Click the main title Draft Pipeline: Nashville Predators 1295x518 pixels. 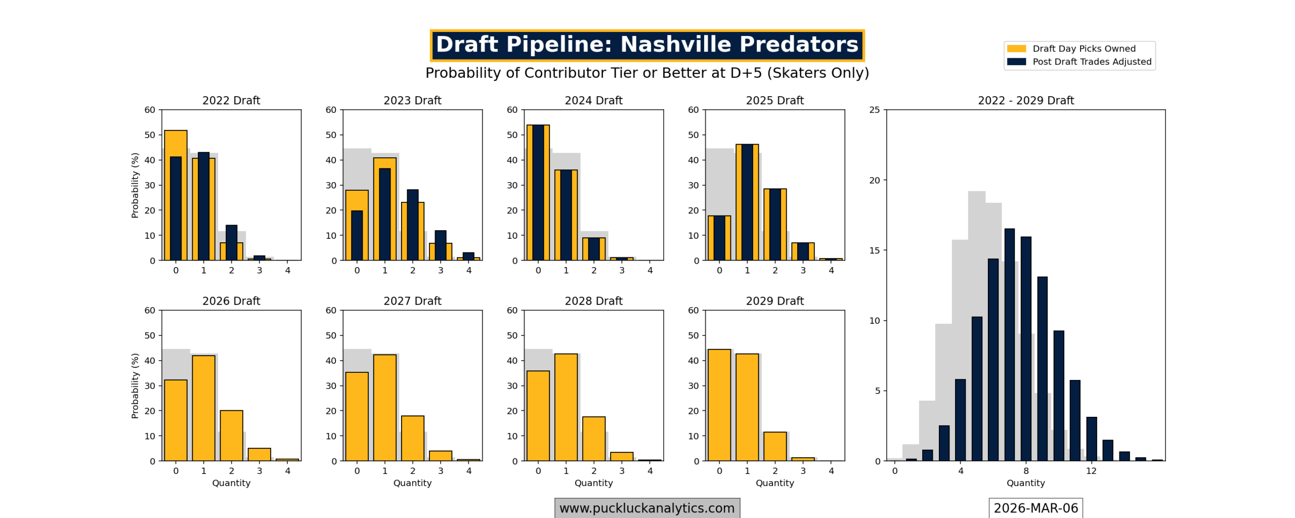click(x=646, y=45)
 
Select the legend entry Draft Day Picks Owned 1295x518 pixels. click(x=1083, y=49)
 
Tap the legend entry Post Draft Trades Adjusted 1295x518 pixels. click(x=1091, y=62)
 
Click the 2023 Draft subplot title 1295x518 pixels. click(x=412, y=100)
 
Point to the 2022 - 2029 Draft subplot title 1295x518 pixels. click(x=1025, y=100)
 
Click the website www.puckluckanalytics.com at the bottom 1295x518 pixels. click(x=646, y=507)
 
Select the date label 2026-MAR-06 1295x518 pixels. click(x=1035, y=507)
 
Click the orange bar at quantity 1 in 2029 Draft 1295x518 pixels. click(x=747, y=407)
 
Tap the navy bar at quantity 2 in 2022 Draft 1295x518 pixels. click(x=231, y=242)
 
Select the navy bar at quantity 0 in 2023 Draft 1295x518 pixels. click(x=357, y=235)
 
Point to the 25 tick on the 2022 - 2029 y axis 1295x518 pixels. click(x=874, y=110)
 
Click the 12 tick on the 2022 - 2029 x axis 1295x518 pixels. click(x=1091, y=471)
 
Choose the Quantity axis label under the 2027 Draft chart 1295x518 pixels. click(x=412, y=483)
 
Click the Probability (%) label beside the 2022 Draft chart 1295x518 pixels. click(x=135, y=185)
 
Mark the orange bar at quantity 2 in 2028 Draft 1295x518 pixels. click(x=593, y=439)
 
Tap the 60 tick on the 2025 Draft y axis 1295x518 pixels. click(x=693, y=110)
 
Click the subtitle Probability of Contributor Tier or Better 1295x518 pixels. click(x=646, y=73)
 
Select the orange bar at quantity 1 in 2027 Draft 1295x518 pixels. click(x=384, y=407)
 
